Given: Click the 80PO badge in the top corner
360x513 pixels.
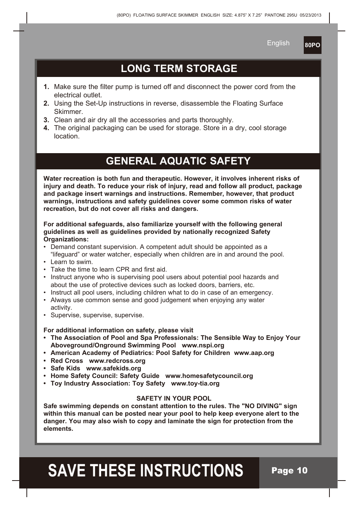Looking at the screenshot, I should click(x=312, y=45).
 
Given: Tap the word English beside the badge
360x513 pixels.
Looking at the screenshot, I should click(x=278, y=43).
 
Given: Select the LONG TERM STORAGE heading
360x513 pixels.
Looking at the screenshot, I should click(x=179, y=69).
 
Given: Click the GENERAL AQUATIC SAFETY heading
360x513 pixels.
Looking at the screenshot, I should click(x=178, y=161).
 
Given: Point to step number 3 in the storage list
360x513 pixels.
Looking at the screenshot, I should click(x=46, y=120).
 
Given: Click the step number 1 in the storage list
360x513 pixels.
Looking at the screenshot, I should click(x=46, y=87).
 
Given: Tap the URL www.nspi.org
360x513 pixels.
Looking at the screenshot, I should click(x=203, y=346).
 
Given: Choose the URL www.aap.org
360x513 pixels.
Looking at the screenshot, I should click(x=254, y=353).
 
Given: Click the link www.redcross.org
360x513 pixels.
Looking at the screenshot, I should click(x=117, y=361).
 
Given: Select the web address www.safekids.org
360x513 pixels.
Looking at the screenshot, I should click(x=114, y=368).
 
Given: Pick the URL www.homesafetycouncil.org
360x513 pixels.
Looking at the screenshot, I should click(x=209, y=376).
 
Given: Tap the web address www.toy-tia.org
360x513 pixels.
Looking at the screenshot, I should click(x=195, y=383).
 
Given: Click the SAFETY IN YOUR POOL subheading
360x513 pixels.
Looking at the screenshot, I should click(x=174, y=398).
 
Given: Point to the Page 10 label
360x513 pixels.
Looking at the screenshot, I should click(x=289, y=470).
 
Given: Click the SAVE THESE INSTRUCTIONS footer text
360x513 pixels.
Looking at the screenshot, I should click(x=146, y=471).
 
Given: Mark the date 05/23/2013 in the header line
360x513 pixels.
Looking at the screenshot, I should click(x=311, y=15).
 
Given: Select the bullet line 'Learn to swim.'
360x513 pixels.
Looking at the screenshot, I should click(x=72, y=262).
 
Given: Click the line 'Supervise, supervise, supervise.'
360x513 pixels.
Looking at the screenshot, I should click(x=97, y=315).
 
